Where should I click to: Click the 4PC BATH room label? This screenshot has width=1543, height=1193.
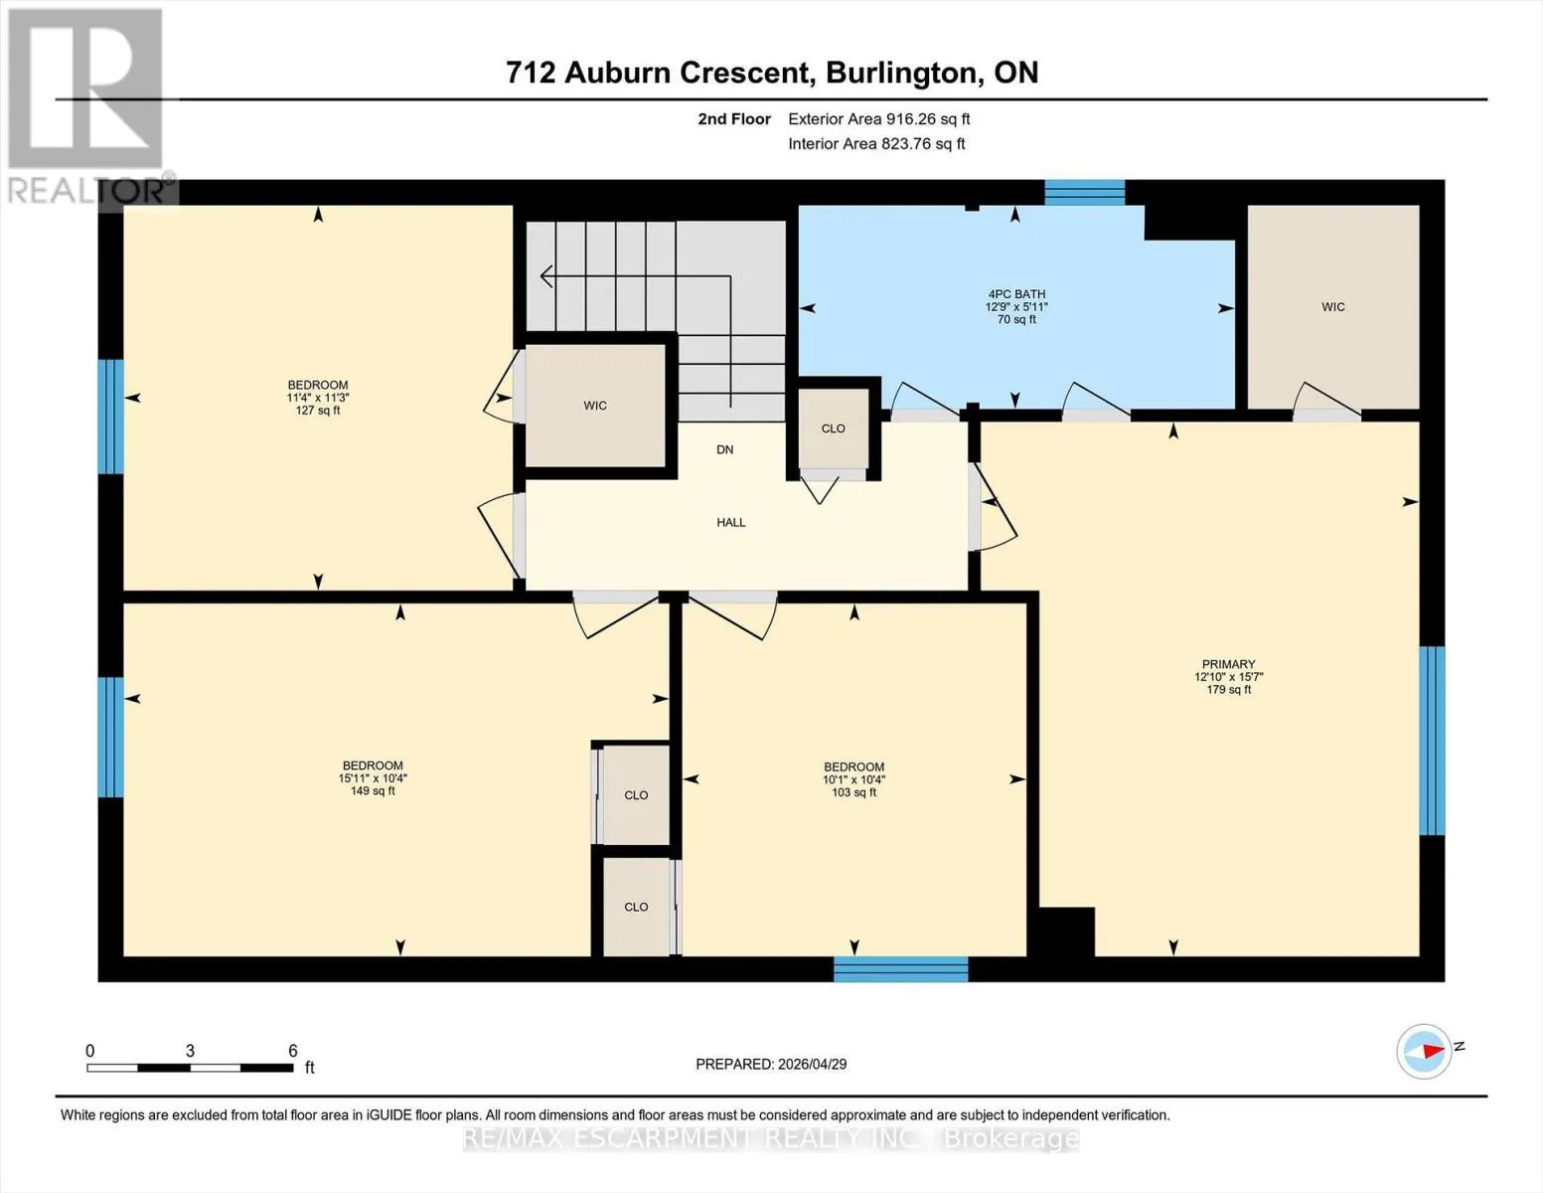[1016, 294]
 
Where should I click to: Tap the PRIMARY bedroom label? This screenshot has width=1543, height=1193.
[1228, 664]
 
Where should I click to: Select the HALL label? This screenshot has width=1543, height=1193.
[730, 522]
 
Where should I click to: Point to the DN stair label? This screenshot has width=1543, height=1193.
[725, 449]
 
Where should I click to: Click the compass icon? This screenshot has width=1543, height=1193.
[1424, 1052]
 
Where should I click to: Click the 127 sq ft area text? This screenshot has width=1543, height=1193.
[317, 411]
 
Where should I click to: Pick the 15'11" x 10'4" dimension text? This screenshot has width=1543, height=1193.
[373, 778]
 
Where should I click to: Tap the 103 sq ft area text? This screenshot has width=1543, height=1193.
[853, 792]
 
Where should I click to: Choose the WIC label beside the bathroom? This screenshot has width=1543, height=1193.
[1332, 307]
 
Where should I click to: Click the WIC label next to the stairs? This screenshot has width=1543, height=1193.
[595, 406]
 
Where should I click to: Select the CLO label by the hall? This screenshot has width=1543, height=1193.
[833, 428]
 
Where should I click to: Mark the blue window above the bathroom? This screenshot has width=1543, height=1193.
[1084, 193]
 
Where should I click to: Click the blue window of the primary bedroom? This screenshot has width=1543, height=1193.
[1432, 741]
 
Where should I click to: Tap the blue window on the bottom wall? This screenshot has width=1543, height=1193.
[900, 969]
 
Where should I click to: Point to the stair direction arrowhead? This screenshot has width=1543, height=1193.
[546, 275]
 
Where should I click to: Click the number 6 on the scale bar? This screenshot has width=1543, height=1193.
[292, 1050]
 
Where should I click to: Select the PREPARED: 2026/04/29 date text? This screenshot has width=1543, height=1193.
[771, 1065]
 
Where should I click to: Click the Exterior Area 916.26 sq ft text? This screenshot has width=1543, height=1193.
[879, 119]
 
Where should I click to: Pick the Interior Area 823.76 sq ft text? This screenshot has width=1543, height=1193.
[876, 144]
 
